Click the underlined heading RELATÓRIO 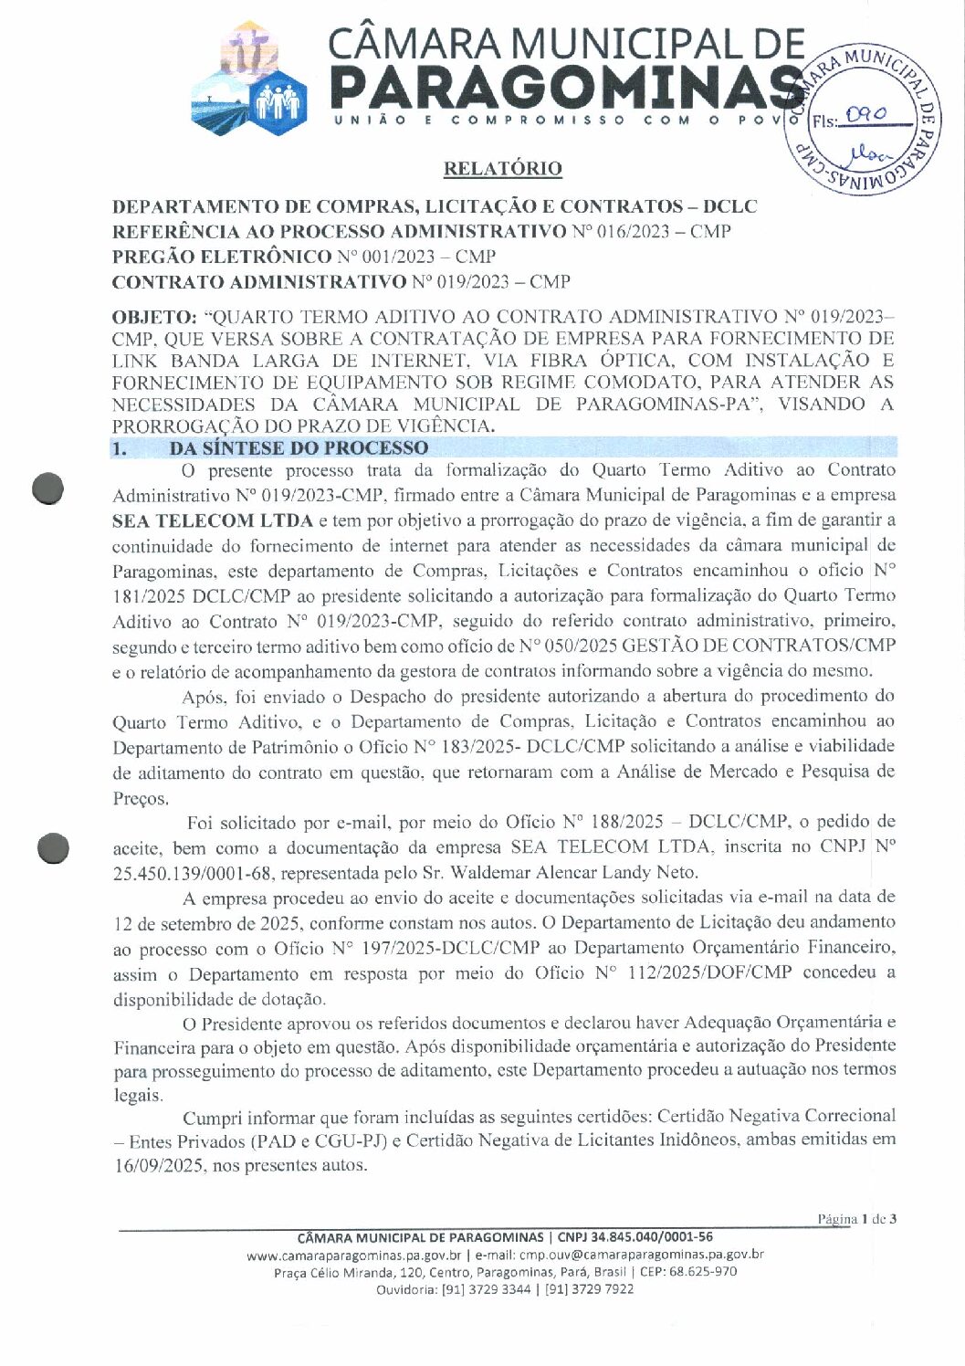coord(502,168)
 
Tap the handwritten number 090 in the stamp coord(865,115)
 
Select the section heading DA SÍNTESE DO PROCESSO coord(298,447)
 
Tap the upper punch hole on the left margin coord(47,489)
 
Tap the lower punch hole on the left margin coord(53,848)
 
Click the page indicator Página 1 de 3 coord(856,1218)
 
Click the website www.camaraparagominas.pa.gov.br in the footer coord(353,1255)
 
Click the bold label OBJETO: coord(153,317)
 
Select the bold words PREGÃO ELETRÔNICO coord(221,257)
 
